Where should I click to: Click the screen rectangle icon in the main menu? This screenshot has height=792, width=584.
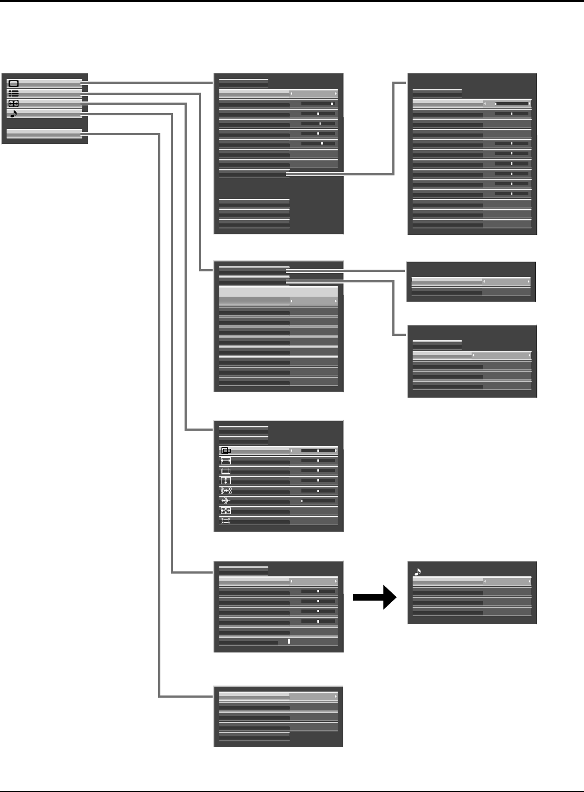pyautogui.click(x=14, y=83)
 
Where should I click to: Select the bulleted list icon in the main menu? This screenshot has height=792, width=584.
pyautogui.click(x=14, y=93)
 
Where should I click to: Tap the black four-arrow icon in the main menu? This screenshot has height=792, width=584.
pyautogui.click(x=14, y=103)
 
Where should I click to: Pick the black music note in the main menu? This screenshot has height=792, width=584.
pyautogui.click(x=14, y=114)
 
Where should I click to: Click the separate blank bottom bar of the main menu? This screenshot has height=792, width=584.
pyautogui.click(x=44, y=133)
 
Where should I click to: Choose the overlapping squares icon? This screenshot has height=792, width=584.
pyautogui.click(x=226, y=451)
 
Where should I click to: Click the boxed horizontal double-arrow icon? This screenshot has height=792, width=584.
pyautogui.click(x=226, y=461)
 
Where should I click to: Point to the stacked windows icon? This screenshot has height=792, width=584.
pyautogui.click(x=226, y=470)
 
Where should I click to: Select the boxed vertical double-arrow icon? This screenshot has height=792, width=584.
pyautogui.click(x=226, y=480)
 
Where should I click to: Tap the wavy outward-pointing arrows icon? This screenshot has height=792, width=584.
pyautogui.click(x=226, y=490)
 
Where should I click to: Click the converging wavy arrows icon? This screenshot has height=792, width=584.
pyautogui.click(x=226, y=501)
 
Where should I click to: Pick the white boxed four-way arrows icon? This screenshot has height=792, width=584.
pyautogui.click(x=226, y=511)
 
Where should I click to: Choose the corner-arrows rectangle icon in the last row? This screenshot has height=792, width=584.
pyautogui.click(x=226, y=521)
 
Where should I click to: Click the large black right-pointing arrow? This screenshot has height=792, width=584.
pyautogui.click(x=375, y=597)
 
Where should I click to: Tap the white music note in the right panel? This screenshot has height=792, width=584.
pyautogui.click(x=417, y=572)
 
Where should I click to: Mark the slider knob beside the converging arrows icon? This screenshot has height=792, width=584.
pyautogui.click(x=302, y=501)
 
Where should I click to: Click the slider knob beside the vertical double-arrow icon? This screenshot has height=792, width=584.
pyautogui.click(x=318, y=480)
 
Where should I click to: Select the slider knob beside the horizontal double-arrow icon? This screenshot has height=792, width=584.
pyautogui.click(x=318, y=461)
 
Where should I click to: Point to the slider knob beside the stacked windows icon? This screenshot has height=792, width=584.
pyautogui.click(x=318, y=470)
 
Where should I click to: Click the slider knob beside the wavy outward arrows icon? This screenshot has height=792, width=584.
pyautogui.click(x=318, y=490)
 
